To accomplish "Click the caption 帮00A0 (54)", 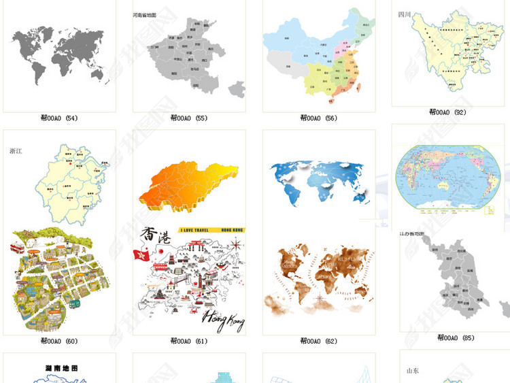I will (59, 118).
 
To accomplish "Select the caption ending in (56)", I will (319, 118).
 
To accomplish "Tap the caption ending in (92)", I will (447, 112).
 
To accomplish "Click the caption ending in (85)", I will (456, 337).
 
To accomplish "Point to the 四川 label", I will (405, 14).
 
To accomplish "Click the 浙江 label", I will (16, 151).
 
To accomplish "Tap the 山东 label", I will (412, 371).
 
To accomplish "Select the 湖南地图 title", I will (61, 368).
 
